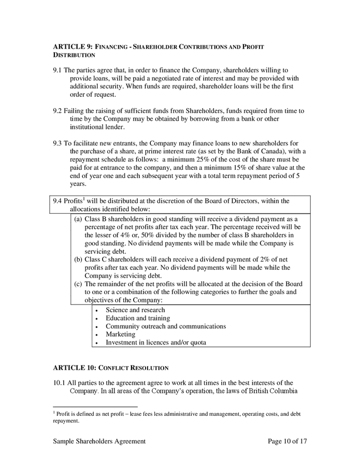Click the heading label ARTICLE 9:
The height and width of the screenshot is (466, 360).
tap(72, 47)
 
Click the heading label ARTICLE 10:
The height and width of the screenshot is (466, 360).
tap(74, 368)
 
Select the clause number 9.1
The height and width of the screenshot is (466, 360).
tap(57, 70)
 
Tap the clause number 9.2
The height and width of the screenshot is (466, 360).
tap(57, 111)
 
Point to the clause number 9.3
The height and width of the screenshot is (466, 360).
tap(57, 143)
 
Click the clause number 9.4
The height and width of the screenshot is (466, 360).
tap(57, 201)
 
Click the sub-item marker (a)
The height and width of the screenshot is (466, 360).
tap(78, 219)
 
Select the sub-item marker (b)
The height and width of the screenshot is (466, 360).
tap(78, 260)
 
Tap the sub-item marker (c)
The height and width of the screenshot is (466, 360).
tap(78, 284)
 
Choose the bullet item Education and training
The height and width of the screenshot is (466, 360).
tap(138, 318)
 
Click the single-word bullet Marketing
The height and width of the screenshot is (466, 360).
tap(120, 334)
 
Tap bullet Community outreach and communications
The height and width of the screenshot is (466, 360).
tap(166, 326)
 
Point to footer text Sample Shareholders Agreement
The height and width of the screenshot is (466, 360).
tap(99, 441)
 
